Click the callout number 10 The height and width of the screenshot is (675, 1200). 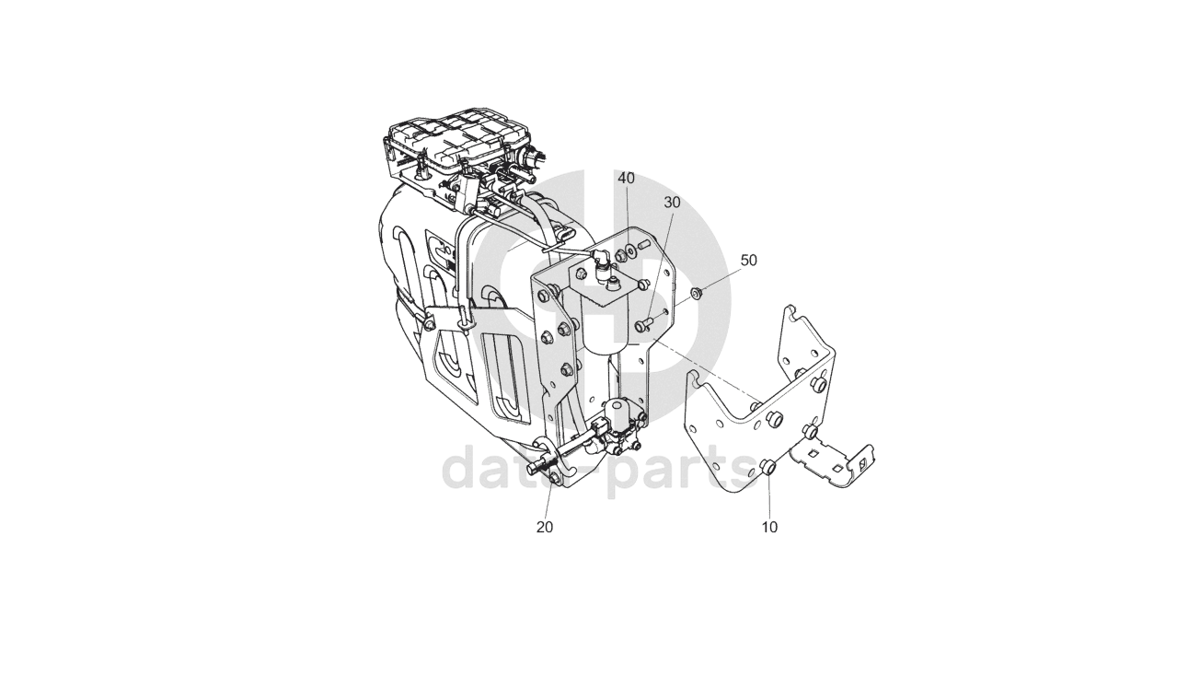769,528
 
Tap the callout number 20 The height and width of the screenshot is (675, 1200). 545,528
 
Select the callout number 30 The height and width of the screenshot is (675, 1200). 672,202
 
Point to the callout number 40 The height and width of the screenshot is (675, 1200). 626,178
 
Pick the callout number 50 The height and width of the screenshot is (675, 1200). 748,261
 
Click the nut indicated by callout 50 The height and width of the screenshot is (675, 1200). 697,294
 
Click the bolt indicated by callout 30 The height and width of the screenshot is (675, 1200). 644,323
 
